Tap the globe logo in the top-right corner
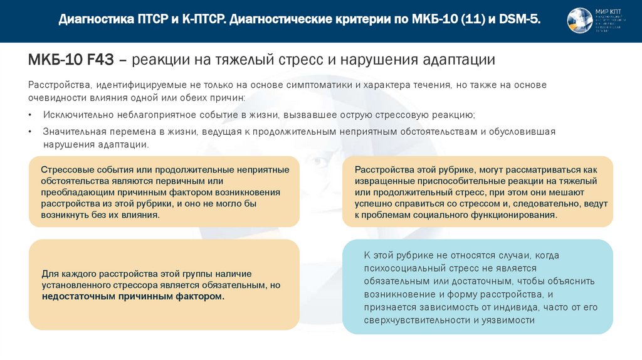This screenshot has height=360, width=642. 579,21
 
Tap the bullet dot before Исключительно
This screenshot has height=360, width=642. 31,115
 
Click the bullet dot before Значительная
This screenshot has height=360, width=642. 31,132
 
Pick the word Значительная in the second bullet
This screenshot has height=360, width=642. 76,132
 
